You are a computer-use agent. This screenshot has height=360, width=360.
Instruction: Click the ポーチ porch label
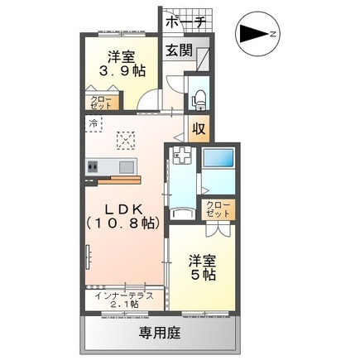pyautogui.click(x=185, y=22)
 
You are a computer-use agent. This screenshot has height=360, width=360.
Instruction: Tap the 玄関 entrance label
pyautogui.click(x=179, y=50)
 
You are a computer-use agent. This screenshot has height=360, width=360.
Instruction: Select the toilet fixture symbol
pyautogui.click(x=199, y=99)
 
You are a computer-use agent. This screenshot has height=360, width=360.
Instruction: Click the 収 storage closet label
pyautogui.click(x=199, y=128)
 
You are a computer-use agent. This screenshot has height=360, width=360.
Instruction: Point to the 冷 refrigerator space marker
pyautogui.click(x=94, y=124)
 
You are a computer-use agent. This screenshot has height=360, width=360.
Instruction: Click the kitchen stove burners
pyautogui.click(x=93, y=166)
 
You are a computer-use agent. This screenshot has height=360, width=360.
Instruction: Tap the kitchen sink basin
pyautogui.click(x=127, y=166)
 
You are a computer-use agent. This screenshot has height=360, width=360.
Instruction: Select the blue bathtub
pyautogui.click(x=218, y=158)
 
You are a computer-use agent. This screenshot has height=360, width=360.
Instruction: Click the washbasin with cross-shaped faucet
pyautogui.click(x=180, y=156)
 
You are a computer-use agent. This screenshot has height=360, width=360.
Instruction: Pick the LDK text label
pyautogui.click(x=124, y=210)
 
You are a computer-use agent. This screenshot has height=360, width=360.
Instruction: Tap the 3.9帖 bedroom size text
pyautogui.click(x=122, y=72)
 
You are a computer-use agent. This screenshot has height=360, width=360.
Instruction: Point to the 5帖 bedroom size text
pyautogui.click(x=203, y=275)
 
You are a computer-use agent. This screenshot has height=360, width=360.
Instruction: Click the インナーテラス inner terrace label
pyautogui.click(x=124, y=295)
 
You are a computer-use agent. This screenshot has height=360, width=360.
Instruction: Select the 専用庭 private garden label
pyautogui.click(x=160, y=333)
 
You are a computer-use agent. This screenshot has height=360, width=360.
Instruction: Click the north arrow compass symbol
pyautogui.click(x=258, y=34)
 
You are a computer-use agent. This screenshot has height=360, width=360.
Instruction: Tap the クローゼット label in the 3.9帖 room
pyautogui.click(x=101, y=103)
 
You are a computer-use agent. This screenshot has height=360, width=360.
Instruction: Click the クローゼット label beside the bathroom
pyautogui.click(x=218, y=209)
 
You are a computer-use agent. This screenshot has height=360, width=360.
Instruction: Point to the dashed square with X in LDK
pyautogui.click(x=126, y=141)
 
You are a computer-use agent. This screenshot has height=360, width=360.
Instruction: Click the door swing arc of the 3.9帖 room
pyautogui.click(x=146, y=96)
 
